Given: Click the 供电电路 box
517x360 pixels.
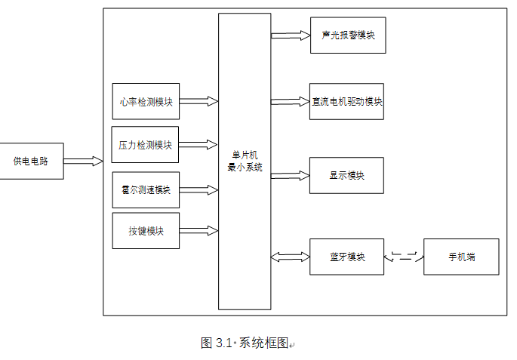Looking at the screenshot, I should tap(32, 161).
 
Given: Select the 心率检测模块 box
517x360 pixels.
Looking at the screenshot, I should tap(146, 101).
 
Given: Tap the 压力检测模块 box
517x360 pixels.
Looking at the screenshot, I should tap(146, 145).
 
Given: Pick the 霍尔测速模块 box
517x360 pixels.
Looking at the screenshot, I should tap(146, 189).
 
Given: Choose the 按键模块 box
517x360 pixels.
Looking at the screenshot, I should tap(146, 231).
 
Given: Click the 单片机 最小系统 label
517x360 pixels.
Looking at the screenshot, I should tap(245, 161).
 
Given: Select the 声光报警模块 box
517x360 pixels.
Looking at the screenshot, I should tap(348, 35).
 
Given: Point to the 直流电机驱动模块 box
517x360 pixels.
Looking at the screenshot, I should tap(346, 102).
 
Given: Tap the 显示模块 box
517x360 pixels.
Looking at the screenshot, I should tap(346, 175).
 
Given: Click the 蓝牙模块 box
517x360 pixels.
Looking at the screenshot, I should tap(346, 257).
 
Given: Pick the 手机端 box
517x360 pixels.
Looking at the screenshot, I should tap(461, 257).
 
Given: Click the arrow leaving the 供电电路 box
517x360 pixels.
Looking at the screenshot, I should tap(83, 161).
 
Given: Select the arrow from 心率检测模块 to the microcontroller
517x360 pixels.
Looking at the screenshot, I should tap(198, 101).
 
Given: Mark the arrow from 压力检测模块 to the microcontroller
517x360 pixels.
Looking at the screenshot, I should tap(198, 144).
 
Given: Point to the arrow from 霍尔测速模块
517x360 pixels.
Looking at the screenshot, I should tap(198, 189).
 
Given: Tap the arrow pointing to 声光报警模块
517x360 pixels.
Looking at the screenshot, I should tap(291, 35).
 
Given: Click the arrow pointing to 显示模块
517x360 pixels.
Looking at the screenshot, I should tap(291, 175).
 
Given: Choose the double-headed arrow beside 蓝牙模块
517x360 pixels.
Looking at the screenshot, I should tap(291, 257).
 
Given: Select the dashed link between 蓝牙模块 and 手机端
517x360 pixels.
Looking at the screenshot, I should tap(404, 257).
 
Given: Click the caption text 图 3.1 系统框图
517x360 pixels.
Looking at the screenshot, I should tap(245, 343).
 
